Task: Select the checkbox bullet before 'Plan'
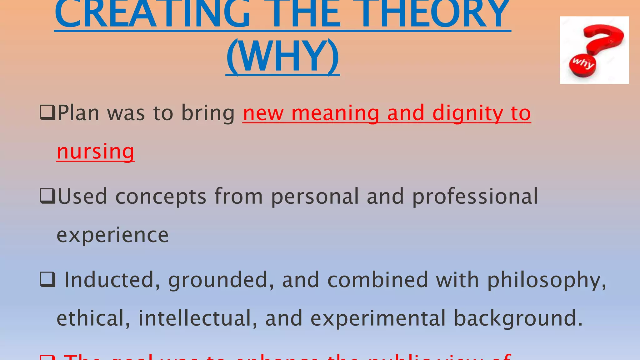[47, 113]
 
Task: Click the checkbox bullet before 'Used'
[47, 196]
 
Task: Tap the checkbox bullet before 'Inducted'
[47, 279]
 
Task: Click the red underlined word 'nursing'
[96, 152]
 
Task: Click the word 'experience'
[112, 235]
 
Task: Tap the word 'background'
[518, 318]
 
